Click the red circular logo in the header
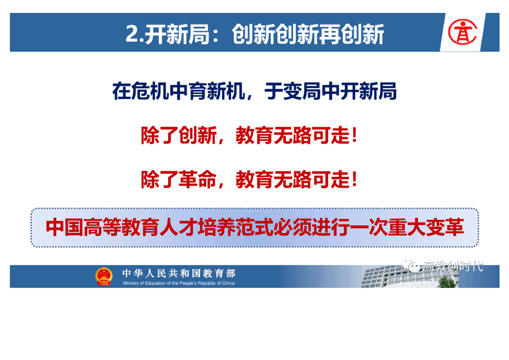click(x=463, y=32)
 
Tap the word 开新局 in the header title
click(x=176, y=34)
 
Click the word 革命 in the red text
click(x=198, y=179)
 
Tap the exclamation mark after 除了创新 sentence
click(x=354, y=135)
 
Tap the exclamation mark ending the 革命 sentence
click(x=354, y=179)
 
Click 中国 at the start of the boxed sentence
click(x=64, y=227)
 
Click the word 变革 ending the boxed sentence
click(x=445, y=227)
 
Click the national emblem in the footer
click(x=103, y=276)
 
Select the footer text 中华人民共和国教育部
click(x=179, y=273)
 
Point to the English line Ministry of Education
click(x=179, y=283)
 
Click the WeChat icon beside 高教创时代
click(x=411, y=266)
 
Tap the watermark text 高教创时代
click(x=452, y=266)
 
